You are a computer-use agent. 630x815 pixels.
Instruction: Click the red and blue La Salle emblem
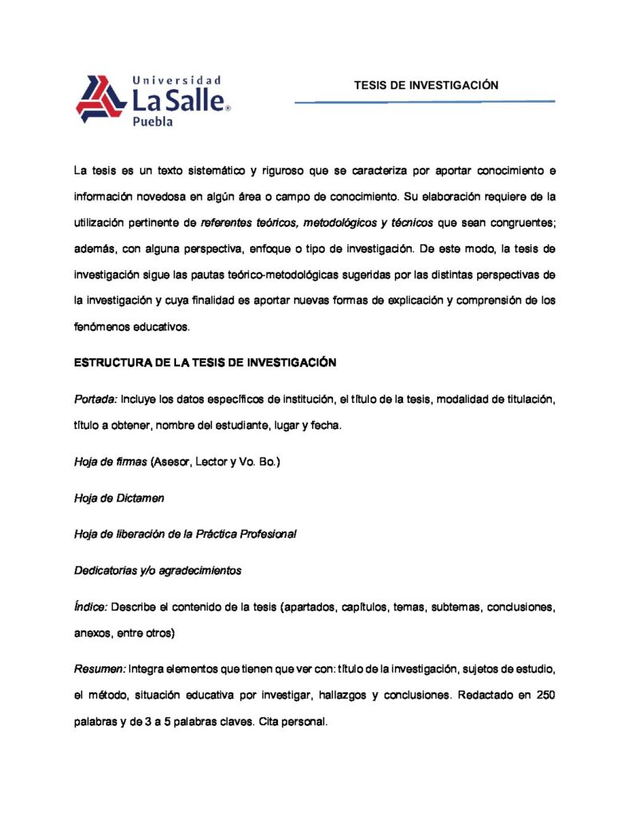click(x=101, y=99)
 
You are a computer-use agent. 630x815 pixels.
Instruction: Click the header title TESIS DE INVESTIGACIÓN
click(x=426, y=85)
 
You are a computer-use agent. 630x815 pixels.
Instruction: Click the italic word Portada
click(x=95, y=398)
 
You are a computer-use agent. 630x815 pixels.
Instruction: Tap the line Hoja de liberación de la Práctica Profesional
click(x=185, y=534)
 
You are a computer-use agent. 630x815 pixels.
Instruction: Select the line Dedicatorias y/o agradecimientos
click(x=157, y=570)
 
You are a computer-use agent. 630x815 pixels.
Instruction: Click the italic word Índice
click(x=91, y=606)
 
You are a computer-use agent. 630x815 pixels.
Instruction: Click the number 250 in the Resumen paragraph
click(x=544, y=694)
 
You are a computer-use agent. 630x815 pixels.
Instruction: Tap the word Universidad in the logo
click(x=175, y=80)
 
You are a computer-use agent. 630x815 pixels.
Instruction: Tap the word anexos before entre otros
click(x=92, y=634)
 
